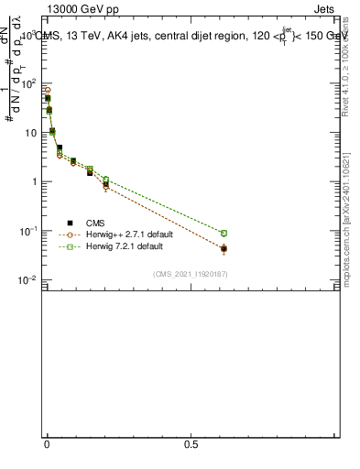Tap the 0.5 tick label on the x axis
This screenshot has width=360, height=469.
click(x=191, y=444)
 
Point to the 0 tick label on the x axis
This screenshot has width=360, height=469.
click(x=48, y=444)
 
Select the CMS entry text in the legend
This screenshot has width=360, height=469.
click(x=95, y=223)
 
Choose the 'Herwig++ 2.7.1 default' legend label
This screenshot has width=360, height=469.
click(x=128, y=234)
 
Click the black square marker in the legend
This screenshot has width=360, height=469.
click(x=70, y=223)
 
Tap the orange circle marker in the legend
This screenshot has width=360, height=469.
click(x=70, y=234)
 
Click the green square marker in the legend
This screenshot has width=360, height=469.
click(x=70, y=247)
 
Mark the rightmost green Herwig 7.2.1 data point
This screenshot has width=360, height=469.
click(x=224, y=234)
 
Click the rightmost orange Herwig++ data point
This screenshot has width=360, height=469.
click(x=224, y=249)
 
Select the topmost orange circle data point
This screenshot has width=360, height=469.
click(x=48, y=91)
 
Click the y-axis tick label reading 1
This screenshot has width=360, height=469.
click(x=35, y=181)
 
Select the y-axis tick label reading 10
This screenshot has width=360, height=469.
click(x=31, y=133)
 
